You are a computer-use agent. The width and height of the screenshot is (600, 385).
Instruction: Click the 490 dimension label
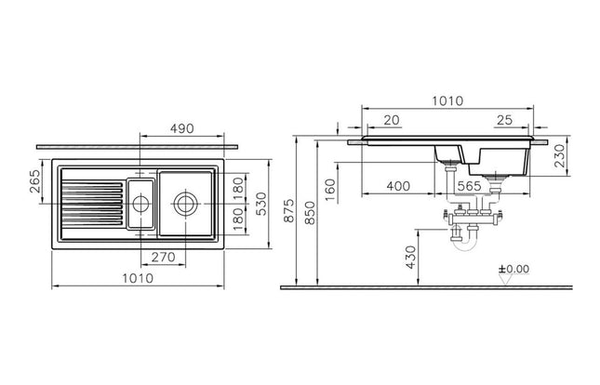[181, 129]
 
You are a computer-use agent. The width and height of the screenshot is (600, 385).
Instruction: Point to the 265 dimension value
[34, 181]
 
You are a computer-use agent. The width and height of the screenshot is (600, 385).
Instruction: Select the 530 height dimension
[261, 204]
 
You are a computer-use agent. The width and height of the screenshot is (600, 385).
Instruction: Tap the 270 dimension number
[164, 258]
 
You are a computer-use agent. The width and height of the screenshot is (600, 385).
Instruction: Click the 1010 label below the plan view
[138, 278]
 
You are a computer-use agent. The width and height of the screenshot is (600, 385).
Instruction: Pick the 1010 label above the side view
[447, 101]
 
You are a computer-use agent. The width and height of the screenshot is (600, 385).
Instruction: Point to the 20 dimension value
[392, 120]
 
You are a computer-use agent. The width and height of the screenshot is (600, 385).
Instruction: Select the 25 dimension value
[504, 120]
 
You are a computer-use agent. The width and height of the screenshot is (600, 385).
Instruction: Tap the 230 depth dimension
[559, 155]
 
